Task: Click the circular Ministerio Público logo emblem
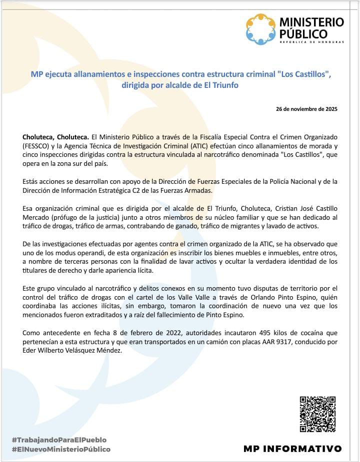coord(260,29)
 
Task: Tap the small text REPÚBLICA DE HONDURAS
coord(311,41)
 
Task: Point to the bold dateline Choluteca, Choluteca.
coord(55,137)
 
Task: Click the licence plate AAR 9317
coord(265,342)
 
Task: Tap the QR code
coord(317,414)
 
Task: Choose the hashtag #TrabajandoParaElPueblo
coord(59,440)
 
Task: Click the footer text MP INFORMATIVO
coord(292,449)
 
